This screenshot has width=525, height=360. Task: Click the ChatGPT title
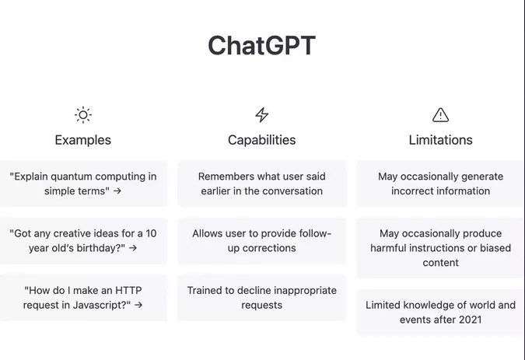click(x=261, y=46)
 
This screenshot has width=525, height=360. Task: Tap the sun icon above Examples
click(x=83, y=115)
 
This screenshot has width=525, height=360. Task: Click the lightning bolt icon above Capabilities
click(x=262, y=115)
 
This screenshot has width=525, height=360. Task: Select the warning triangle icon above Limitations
click(x=440, y=115)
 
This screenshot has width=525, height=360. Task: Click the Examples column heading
click(x=83, y=140)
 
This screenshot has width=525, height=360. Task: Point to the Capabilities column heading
click(x=262, y=140)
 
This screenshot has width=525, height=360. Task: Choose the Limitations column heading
click(x=440, y=140)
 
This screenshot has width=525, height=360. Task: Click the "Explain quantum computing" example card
click(x=83, y=183)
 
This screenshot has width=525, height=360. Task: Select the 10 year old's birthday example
click(x=83, y=240)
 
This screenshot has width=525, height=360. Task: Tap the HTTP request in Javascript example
click(x=83, y=297)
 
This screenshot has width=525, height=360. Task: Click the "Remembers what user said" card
click(x=262, y=183)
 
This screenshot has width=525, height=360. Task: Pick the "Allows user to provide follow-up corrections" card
click(x=262, y=240)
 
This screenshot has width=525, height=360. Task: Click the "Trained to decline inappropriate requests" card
click(x=262, y=297)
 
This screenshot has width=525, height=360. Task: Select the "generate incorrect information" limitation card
click(x=440, y=183)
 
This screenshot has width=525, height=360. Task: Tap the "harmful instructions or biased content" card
click(x=440, y=248)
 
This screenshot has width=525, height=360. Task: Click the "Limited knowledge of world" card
click(x=440, y=312)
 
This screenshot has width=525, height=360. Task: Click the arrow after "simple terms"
click(x=117, y=191)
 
